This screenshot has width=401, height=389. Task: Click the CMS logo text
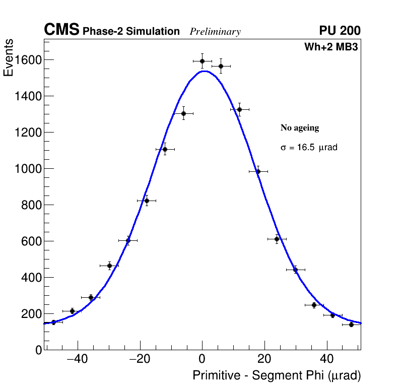[x=61, y=30]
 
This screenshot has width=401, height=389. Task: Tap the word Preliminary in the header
[x=215, y=32]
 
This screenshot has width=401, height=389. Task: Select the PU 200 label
[x=340, y=31]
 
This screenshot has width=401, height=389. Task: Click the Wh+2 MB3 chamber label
[x=331, y=47]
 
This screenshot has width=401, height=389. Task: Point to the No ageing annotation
[x=300, y=128]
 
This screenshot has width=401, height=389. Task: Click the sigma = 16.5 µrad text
[x=309, y=148]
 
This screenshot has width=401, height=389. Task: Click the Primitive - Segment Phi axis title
[x=277, y=376]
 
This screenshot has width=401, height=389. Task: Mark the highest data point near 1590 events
[x=202, y=61]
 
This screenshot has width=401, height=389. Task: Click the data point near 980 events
[x=258, y=171]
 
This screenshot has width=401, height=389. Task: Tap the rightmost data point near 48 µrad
[x=351, y=325]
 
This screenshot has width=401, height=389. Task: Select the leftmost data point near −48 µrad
[x=53, y=322]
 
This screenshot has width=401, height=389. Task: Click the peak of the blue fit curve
[x=204, y=71]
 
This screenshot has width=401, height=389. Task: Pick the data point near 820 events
[x=147, y=201]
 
